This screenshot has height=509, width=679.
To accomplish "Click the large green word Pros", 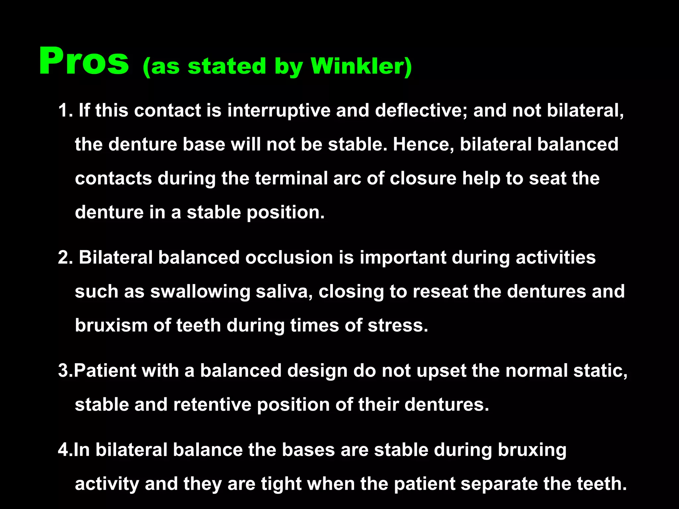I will tap(84, 62).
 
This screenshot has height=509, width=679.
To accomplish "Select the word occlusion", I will tap(289, 257).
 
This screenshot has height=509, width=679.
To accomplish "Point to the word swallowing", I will tap(200, 292).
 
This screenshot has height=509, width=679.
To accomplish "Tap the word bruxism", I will tap(111, 325).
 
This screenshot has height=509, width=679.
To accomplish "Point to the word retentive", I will tap(212, 405).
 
